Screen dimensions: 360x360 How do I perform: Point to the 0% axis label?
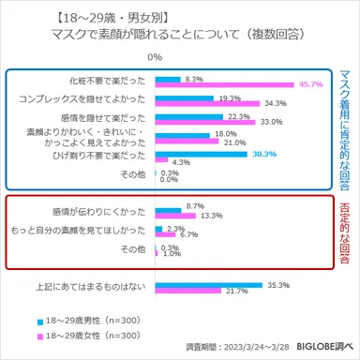[156, 58]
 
